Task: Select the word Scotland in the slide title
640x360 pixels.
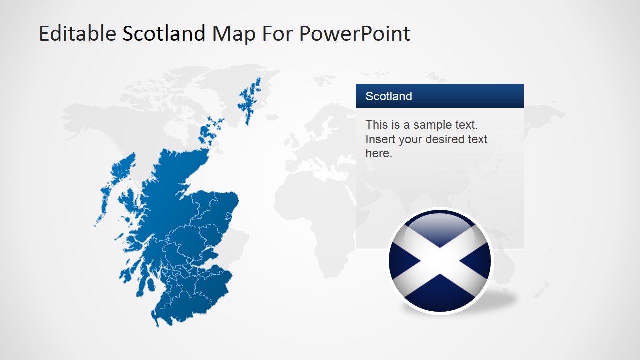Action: (164, 34)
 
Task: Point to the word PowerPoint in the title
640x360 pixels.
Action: (355, 34)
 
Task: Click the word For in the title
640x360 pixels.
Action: (276, 34)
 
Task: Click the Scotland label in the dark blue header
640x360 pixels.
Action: (389, 96)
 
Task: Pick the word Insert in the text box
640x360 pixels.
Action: (380, 139)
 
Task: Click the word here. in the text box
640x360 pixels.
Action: (379, 154)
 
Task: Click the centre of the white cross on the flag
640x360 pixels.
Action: (440, 261)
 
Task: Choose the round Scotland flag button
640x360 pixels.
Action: (440, 261)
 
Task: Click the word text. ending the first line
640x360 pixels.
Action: (467, 125)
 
